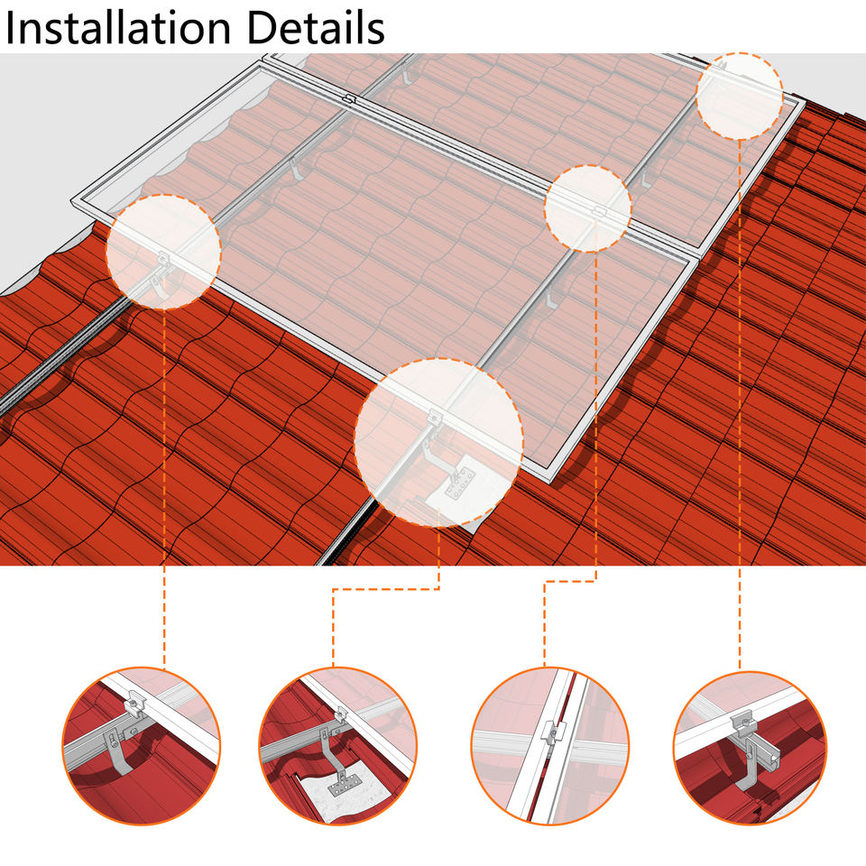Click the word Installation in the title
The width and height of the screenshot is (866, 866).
117,28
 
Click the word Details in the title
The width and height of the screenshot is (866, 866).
316,28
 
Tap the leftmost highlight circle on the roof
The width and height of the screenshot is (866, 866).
163,252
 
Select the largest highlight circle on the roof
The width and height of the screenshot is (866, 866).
438,442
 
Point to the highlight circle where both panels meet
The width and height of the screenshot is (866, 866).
587,208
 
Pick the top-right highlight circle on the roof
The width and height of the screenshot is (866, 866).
740,97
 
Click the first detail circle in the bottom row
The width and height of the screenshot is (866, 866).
142,746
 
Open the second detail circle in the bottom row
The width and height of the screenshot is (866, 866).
338,746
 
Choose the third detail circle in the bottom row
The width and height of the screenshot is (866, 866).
550,746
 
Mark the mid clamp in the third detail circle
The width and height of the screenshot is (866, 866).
552,732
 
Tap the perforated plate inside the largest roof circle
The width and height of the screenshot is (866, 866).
460,483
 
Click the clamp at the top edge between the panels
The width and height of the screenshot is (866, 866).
348,100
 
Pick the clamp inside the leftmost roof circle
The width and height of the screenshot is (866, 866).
163,257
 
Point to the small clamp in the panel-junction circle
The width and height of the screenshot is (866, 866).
599,211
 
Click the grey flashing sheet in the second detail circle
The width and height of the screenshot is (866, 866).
343,796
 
